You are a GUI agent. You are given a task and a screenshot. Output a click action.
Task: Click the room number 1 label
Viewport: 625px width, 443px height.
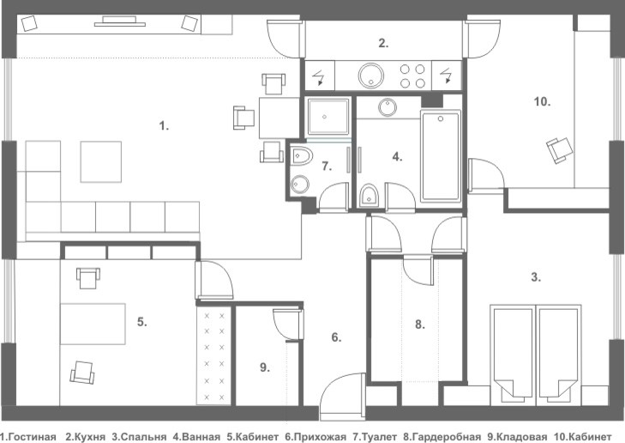[164, 126]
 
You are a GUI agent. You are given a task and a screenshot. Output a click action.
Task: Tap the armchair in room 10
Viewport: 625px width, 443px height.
[559, 150]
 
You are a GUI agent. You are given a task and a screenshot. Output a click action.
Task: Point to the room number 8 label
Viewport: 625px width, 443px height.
[418, 325]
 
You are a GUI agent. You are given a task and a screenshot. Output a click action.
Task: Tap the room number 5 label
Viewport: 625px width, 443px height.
[141, 323]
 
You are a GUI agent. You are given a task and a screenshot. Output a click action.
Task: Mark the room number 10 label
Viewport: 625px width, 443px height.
[541, 101]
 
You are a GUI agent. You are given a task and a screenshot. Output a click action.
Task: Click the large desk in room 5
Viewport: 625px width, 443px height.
[92, 325]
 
